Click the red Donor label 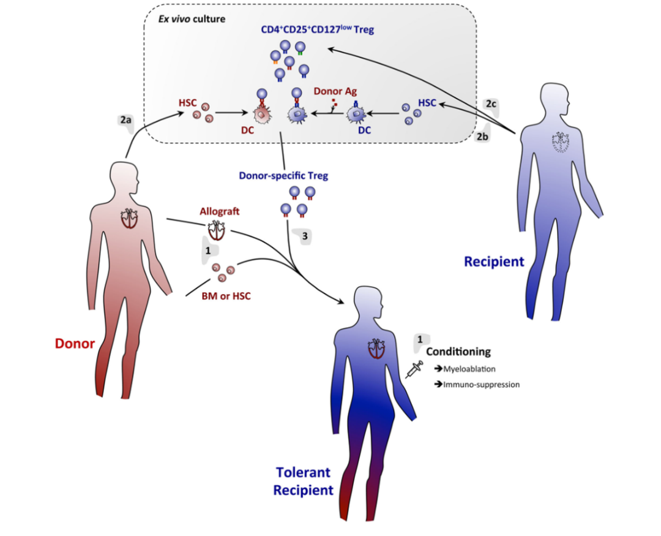click(76, 343)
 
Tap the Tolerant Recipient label click(303, 481)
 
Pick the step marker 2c click(491, 104)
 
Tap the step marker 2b click(484, 137)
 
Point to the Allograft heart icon click(215, 230)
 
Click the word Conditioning click(458, 352)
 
